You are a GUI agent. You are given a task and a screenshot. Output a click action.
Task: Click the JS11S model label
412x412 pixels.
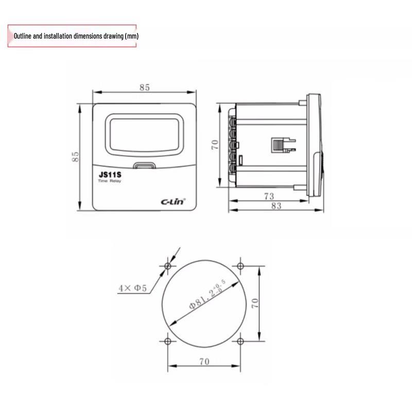pos(110,175)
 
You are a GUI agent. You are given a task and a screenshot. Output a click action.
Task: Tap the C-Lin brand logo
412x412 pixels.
pos(173,201)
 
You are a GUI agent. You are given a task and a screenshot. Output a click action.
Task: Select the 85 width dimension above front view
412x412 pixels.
pos(145,87)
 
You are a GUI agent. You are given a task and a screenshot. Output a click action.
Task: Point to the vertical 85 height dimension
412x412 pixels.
pos(75,157)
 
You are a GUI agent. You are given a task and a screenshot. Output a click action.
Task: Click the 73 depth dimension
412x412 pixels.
pos(269,196)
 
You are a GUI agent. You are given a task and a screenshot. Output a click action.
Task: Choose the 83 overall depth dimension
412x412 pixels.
pos(276,205)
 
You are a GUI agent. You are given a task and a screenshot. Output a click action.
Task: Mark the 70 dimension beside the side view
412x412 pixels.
pos(215,145)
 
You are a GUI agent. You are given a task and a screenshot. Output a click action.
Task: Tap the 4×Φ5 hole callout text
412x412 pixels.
pos(132,288)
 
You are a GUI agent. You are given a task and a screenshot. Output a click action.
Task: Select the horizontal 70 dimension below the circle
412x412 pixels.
pos(204,362)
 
